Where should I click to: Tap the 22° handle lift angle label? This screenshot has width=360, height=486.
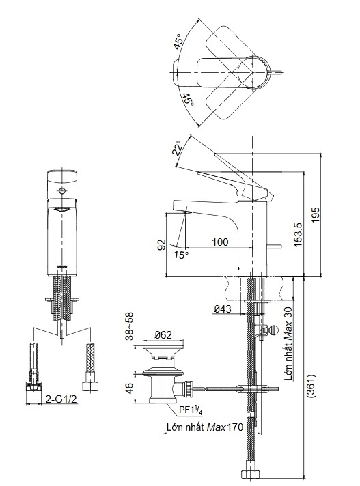coord(178,147)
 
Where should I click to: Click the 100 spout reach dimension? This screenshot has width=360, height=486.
coord(220,242)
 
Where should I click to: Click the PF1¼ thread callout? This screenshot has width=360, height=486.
coord(192,410)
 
